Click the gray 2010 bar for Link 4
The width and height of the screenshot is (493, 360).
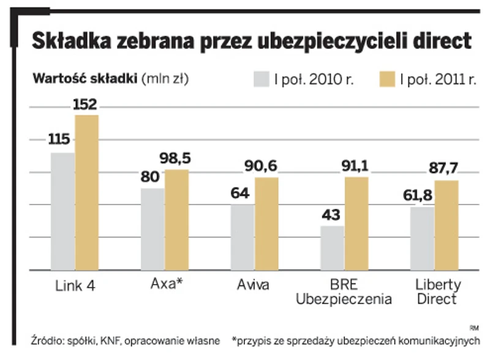[62, 211]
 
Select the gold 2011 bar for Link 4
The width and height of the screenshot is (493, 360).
[86, 192]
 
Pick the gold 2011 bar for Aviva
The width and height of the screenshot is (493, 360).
[266, 223]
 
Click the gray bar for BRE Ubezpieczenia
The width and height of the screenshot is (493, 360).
[332, 247]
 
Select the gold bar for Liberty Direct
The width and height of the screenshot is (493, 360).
[446, 225]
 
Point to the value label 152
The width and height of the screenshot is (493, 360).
[85, 105]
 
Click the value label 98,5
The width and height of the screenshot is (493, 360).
[175, 159]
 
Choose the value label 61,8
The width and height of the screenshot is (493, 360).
[421, 197]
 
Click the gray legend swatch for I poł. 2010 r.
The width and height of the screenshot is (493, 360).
[262, 79]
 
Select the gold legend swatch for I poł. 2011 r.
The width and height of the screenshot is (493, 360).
[386, 79]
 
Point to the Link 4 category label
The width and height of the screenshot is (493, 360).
[75, 285]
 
